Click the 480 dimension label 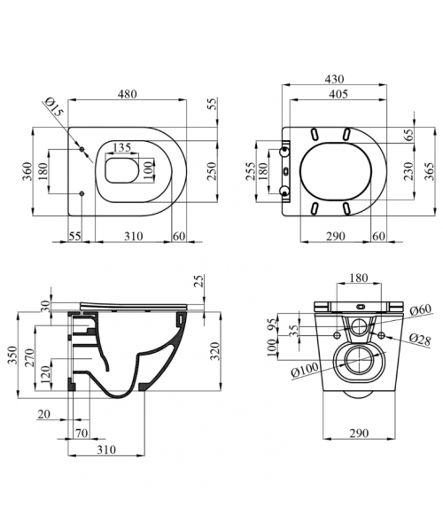(127, 94)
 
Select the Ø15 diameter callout (54, 106)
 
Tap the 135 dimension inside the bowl (121, 147)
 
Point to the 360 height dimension (27, 171)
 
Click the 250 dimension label (211, 171)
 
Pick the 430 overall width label (334, 79)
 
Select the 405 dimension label (338, 94)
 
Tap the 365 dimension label (429, 171)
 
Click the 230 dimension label (408, 171)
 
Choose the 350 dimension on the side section (12, 355)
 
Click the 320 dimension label (215, 351)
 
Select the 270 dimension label (29, 357)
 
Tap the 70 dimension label (82, 433)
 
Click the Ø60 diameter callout (420, 309)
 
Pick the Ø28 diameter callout (420, 339)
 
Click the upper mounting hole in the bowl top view (82, 149)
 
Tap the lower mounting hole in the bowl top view (82, 193)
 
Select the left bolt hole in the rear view (337, 335)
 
